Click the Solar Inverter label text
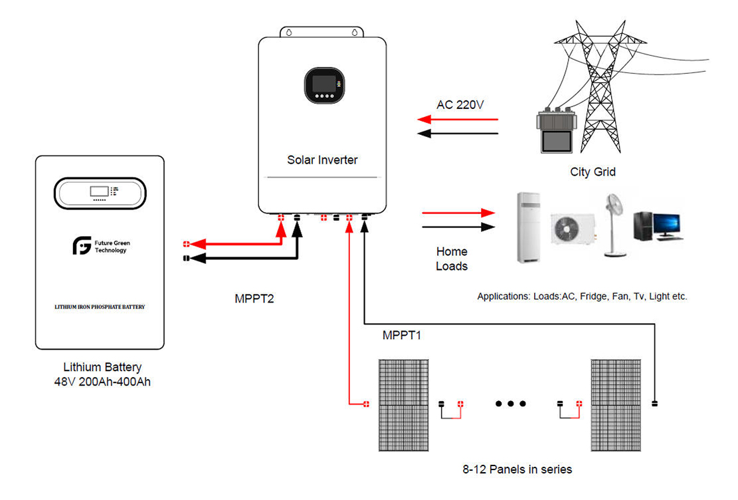click(x=322, y=160)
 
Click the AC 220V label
click(x=459, y=105)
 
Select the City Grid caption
click(x=593, y=172)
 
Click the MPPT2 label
click(x=254, y=299)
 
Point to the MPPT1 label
click(x=402, y=335)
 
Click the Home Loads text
click(x=452, y=259)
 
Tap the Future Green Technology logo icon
click(x=82, y=247)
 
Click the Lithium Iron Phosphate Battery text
click(x=100, y=308)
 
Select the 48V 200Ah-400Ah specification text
click(x=102, y=382)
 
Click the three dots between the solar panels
click(x=509, y=404)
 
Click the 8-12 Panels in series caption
click(x=517, y=469)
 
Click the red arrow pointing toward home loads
click(x=458, y=213)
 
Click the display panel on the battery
click(x=100, y=193)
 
